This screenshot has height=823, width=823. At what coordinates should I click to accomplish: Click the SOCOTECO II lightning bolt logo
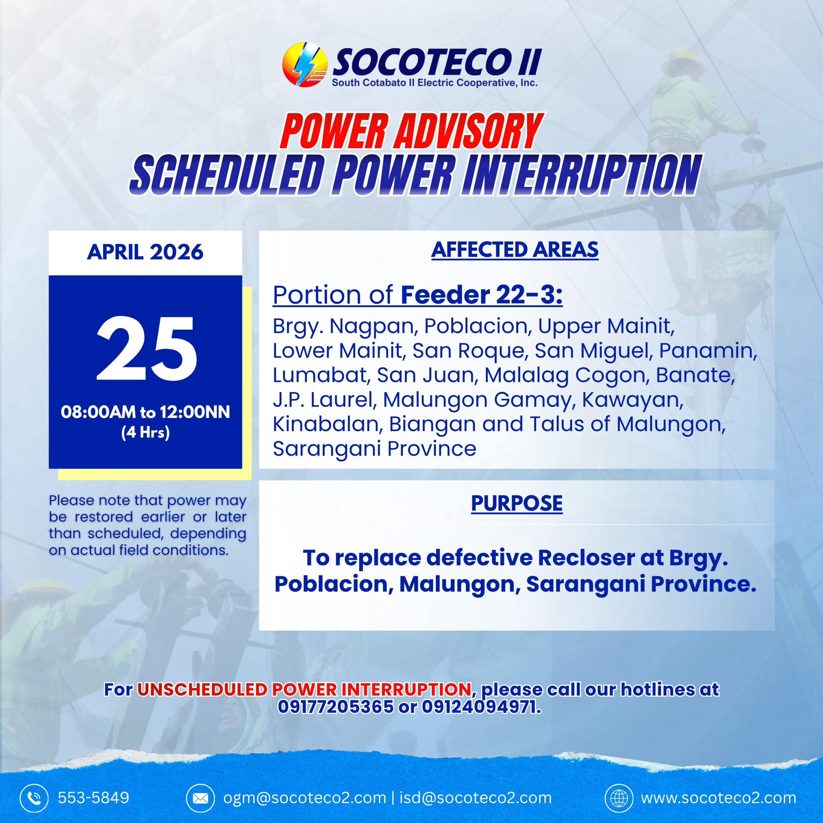click(x=304, y=64)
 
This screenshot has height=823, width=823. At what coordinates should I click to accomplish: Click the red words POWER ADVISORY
click(x=411, y=131)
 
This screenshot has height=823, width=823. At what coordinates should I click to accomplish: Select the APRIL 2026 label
click(x=145, y=252)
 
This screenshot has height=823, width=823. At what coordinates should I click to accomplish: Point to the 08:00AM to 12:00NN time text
click(x=145, y=412)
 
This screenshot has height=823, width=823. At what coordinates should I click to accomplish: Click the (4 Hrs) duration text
click(x=145, y=432)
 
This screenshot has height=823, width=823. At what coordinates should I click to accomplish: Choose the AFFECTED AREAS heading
click(x=515, y=249)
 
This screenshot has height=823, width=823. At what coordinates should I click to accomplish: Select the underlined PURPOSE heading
click(x=517, y=503)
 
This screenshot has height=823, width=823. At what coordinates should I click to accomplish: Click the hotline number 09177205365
click(x=336, y=706)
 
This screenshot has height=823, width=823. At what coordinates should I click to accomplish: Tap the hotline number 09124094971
click(x=481, y=706)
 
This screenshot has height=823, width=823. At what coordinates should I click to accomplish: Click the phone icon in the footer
click(x=34, y=797)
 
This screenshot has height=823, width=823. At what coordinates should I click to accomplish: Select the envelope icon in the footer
click(x=200, y=797)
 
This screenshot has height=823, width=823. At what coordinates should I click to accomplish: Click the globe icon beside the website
click(x=619, y=797)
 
